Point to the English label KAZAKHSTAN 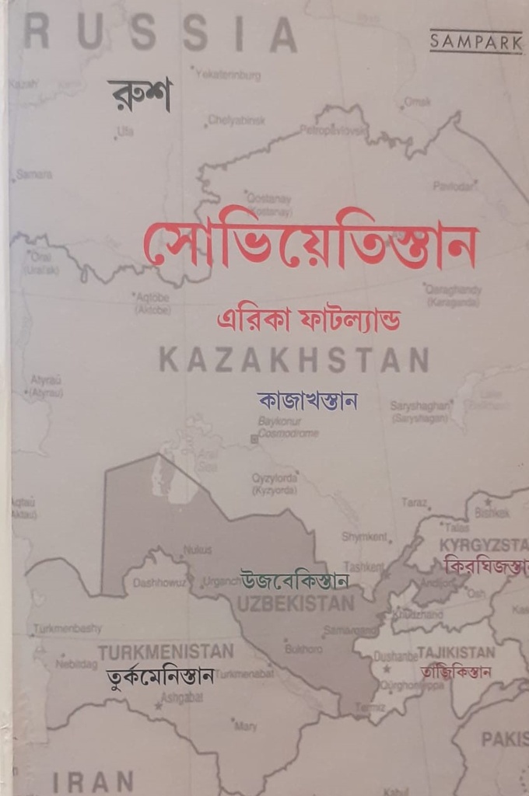(294, 361)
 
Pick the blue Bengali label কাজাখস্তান (307, 401)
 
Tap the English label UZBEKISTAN (296, 603)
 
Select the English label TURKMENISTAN (166, 651)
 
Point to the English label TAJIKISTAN (456, 651)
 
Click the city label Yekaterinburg (228, 75)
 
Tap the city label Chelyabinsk (236, 120)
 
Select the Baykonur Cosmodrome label (287, 427)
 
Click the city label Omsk (417, 102)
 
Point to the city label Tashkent (363, 567)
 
